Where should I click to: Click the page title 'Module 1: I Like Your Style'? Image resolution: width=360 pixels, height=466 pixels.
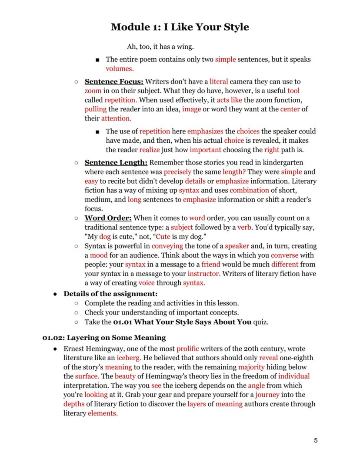[180, 27]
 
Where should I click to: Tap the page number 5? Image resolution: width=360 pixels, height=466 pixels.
[316, 440]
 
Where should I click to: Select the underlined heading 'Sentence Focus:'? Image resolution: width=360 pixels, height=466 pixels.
[114, 81]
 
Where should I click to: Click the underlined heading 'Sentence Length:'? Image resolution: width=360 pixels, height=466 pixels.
[116, 163]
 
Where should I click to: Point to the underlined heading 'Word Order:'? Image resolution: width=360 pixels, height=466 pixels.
[108, 218]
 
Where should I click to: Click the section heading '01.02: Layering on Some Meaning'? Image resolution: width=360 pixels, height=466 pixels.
[104, 337]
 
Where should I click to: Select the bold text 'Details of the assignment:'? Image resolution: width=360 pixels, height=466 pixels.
[110, 294]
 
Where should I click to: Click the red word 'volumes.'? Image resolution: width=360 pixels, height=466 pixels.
[120, 68]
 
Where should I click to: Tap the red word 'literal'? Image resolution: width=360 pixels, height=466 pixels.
[219, 81]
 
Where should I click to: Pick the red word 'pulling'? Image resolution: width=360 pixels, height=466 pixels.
[95, 109]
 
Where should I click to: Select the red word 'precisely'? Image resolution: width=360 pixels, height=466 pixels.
[178, 172]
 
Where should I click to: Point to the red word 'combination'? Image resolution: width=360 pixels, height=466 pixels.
[249, 190]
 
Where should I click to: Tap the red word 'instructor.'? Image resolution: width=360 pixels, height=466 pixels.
[204, 274]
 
